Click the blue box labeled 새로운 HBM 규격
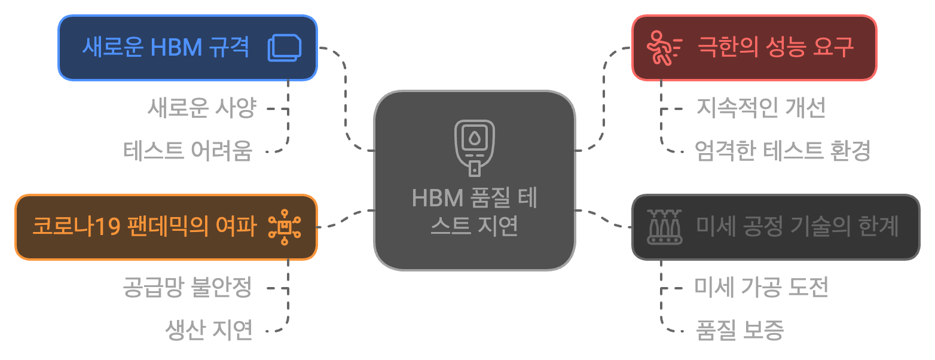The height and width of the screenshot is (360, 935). tap(187, 48)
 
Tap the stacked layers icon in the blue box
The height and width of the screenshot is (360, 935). tap(285, 48)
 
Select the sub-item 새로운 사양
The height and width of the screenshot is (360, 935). tap(202, 109)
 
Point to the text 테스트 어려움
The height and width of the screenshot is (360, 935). tap(188, 151)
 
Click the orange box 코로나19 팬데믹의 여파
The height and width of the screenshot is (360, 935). tap(166, 227)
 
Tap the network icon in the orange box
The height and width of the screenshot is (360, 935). tap(285, 227)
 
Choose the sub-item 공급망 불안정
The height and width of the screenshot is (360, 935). tap(187, 288)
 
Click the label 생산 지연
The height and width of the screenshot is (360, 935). tap(209, 330)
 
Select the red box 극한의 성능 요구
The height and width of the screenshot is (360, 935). tap(754, 48)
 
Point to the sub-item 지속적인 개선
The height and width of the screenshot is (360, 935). tap(760, 109)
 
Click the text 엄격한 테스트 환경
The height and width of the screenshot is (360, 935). tap(783, 151)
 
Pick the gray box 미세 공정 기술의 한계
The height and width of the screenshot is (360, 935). tap(775, 227)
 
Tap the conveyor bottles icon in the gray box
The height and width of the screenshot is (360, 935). tap(664, 227)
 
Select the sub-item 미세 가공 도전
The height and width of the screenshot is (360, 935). tap(761, 288)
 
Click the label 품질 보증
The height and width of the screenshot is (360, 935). tap(740, 330)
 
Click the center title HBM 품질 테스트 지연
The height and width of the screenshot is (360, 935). tap(475, 213)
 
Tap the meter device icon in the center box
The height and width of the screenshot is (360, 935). tap(475, 148)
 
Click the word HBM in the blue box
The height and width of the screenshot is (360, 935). tap(176, 48)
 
